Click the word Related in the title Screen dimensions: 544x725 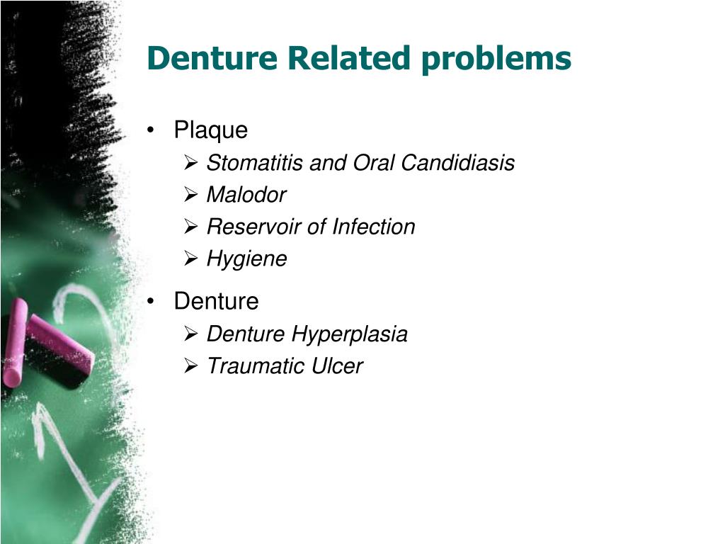[x=348, y=58]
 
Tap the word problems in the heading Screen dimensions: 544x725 [x=495, y=59]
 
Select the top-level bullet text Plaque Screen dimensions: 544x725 [x=211, y=130]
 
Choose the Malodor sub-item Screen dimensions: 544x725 [x=246, y=195]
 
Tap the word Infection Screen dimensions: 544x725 [x=374, y=227]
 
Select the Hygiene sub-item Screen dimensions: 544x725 [x=246, y=259]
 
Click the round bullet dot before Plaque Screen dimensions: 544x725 [x=152, y=131]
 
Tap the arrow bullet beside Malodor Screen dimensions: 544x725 [x=190, y=194]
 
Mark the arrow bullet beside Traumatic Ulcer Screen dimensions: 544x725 [x=190, y=365]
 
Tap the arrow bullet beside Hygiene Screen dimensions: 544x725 [x=190, y=259]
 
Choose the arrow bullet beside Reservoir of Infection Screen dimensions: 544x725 [x=190, y=226]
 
